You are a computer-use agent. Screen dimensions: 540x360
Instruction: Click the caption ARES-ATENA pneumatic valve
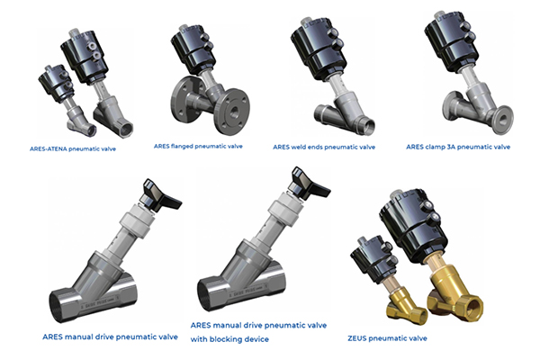coord(73,149)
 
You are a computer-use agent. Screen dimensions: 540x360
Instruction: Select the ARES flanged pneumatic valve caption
coord(198,147)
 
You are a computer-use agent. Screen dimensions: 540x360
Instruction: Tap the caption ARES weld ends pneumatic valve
coord(324,147)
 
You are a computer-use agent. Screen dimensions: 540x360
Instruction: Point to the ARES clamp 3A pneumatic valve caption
coord(458,147)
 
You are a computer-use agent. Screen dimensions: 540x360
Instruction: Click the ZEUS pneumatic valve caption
coord(387,338)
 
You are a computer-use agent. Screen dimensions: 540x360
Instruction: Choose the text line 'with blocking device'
coord(229,339)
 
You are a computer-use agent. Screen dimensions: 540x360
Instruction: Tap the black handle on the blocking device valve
coord(309,184)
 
